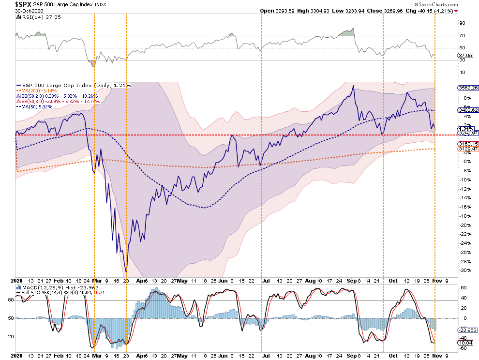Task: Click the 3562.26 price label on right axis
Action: pyautogui.click(x=467, y=88)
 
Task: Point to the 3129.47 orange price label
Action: pyautogui.click(x=467, y=149)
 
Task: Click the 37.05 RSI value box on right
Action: pyautogui.click(x=464, y=56)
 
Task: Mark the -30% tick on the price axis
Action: pyautogui.click(x=464, y=270)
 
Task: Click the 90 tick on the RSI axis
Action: pyautogui.click(x=462, y=23)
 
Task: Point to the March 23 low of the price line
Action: pyautogui.click(x=126, y=271)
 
